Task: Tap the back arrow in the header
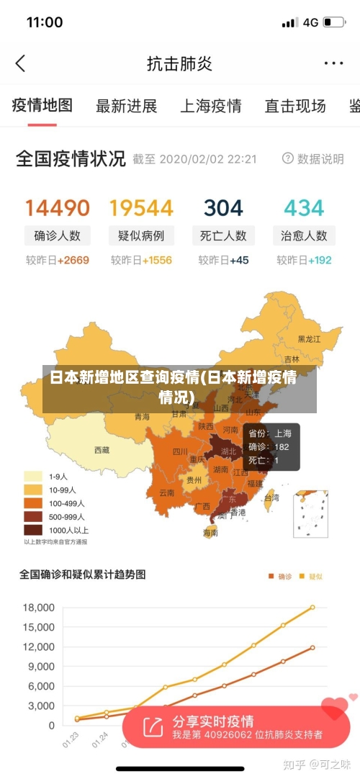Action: tap(20, 63)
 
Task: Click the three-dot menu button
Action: tap(333, 63)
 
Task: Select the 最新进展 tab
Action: tap(127, 107)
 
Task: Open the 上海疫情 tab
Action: tap(210, 107)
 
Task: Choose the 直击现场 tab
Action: tap(294, 107)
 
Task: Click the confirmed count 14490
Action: tap(58, 208)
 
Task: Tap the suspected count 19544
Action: tap(141, 208)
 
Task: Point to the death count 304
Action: tap(223, 208)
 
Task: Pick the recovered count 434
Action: tap(304, 208)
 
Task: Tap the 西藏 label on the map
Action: tap(102, 450)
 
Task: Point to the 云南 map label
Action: tap(167, 493)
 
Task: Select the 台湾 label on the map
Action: tap(271, 497)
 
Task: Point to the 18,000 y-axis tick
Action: tap(39, 608)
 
